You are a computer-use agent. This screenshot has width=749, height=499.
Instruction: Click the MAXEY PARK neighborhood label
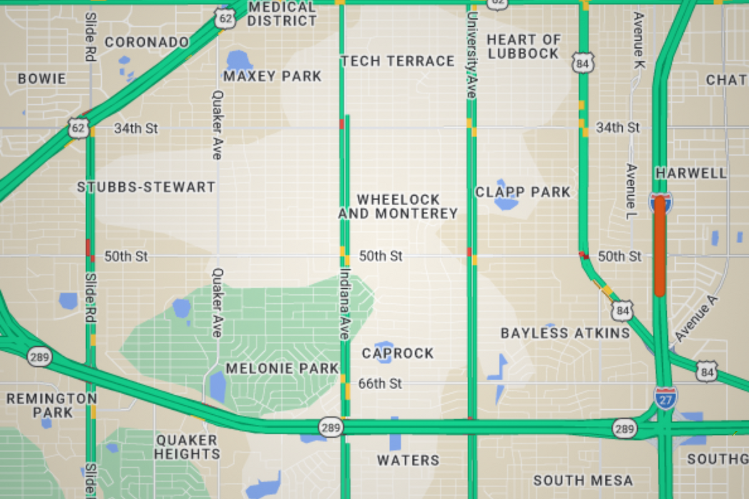pyautogui.click(x=272, y=77)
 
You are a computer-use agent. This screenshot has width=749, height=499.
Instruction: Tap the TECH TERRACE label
pyautogui.click(x=398, y=61)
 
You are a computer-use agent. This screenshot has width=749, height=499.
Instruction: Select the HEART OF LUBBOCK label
pyautogui.click(x=523, y=47)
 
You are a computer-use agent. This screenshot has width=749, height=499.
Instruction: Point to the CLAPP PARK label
pyautogui.click(x=523, y=192)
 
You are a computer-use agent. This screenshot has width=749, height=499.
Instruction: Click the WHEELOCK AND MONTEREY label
pyautogui.click(x=398, y=206)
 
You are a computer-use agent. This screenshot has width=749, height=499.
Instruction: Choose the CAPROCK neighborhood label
pyautogui.click(x=398, y=354)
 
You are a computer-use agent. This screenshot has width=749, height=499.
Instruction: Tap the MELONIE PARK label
pyautogui.click(x=282, y=368)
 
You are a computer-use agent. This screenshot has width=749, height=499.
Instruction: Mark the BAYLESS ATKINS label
pyautogui.click(x=565, y=334)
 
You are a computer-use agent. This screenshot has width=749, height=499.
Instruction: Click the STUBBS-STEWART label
pyautogui.click(x=146, y=187)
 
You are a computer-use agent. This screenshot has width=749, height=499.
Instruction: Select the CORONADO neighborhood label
pyautogui.click(x=147, y=42)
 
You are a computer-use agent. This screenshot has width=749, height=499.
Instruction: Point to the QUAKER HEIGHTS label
pyautogui.click(x=187, y=447)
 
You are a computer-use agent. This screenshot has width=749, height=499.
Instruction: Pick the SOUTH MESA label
pyautogui.click(x=583, y=480)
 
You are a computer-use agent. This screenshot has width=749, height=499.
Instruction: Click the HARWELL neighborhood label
pyautogui.click(x=691, y=173)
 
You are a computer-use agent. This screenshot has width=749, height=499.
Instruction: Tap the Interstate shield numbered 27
pyautogui.click(x=665, y=397)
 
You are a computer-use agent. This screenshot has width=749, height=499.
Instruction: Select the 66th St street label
pyautogui.click(x=380, y=384)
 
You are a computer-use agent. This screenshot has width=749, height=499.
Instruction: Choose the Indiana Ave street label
pyautogui.click(x=344, y=304)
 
